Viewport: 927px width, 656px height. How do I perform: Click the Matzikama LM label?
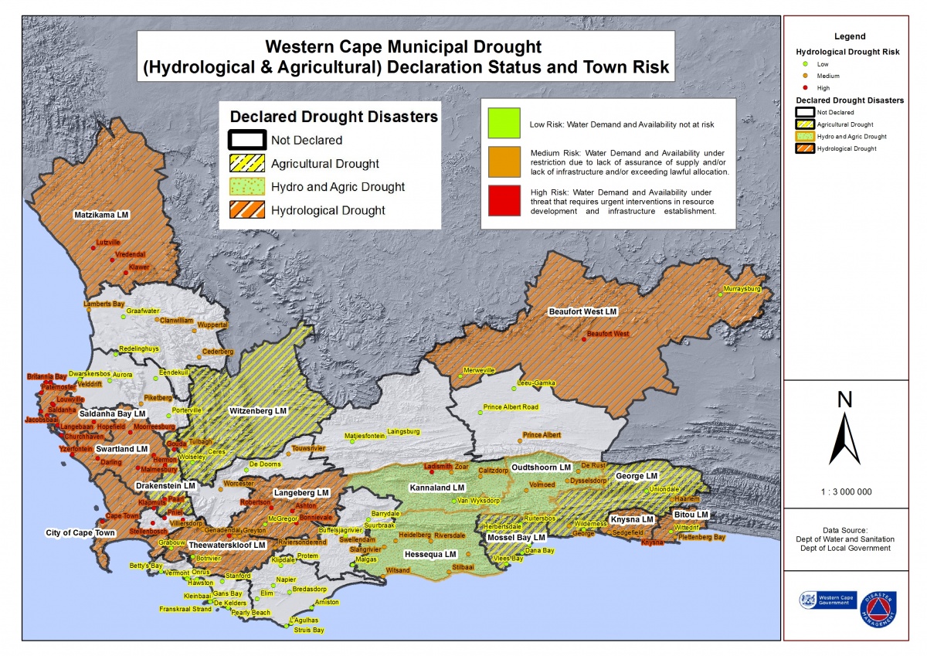coord(100,214)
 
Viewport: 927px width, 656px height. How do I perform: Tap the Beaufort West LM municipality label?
coord(583,311)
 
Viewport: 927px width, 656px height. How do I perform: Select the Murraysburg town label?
coord(742,289)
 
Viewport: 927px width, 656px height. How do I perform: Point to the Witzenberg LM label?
coord(258,411)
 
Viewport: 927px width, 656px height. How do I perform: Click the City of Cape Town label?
coord(80,533)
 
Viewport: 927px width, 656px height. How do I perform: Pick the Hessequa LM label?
coord(431,555)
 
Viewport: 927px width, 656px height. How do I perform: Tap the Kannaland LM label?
coord(436,488)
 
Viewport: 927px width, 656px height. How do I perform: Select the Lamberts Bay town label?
coord(104,304)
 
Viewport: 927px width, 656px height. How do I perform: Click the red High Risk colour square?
coord(503,200)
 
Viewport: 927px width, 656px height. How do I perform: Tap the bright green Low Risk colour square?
coord(503,123)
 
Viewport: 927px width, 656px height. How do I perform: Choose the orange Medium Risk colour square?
coord(503,161)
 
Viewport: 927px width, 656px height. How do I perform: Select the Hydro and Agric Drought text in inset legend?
coord(338,187)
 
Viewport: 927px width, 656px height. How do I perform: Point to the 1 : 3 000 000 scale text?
coord(845,491)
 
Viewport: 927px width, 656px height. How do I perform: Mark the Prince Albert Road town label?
coord(511,407)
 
